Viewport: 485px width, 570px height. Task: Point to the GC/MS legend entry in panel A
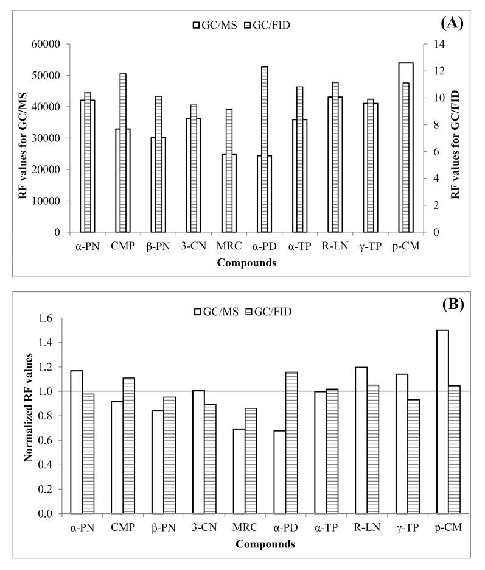tap(205, 25)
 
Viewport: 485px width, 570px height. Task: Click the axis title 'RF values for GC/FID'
tap(455, 138)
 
